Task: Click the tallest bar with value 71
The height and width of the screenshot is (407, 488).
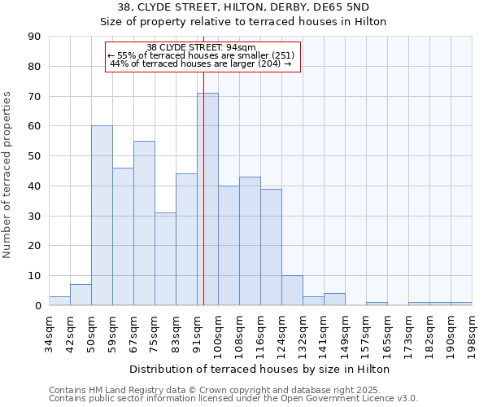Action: pos(207,199)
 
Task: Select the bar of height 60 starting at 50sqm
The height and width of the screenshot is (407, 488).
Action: pos(102,216)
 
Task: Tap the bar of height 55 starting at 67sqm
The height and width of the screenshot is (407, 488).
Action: pos(144,223)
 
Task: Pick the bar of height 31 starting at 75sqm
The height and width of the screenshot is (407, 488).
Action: pos(165,259)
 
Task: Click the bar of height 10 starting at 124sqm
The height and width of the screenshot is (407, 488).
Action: pos(292,291)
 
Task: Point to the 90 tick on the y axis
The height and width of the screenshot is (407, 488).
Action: pos(34,37)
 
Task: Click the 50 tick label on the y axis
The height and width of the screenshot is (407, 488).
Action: pos(34,156)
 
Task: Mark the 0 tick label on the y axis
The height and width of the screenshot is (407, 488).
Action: pos(37,306)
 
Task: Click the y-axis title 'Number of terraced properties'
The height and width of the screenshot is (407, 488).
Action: pos(8,175)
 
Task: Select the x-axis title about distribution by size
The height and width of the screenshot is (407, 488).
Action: pos(259,369)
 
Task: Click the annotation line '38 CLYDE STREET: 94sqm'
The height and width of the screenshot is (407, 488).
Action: pos(202,47)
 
